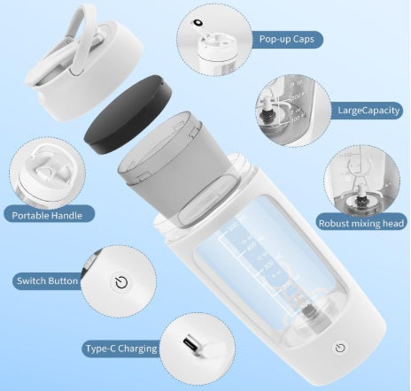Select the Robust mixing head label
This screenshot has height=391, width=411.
point(362,223)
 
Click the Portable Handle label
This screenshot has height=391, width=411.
point(47,214)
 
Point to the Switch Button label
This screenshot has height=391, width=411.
point(47,281)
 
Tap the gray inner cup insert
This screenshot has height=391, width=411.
point(182,164)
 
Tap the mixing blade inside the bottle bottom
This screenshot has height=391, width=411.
point(311,310)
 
